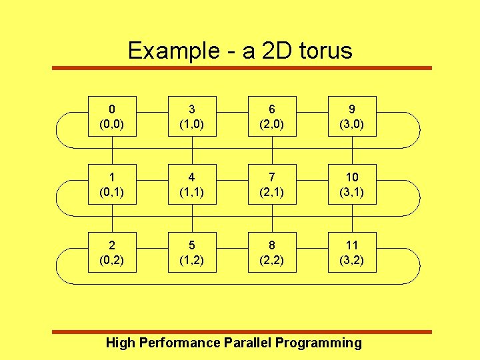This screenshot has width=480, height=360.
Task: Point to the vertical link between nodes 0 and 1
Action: [113, 151]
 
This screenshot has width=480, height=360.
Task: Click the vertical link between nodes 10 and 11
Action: [353, 219]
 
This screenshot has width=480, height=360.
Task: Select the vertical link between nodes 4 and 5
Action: [193, 219]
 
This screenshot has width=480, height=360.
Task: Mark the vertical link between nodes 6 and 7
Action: [273, 151]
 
